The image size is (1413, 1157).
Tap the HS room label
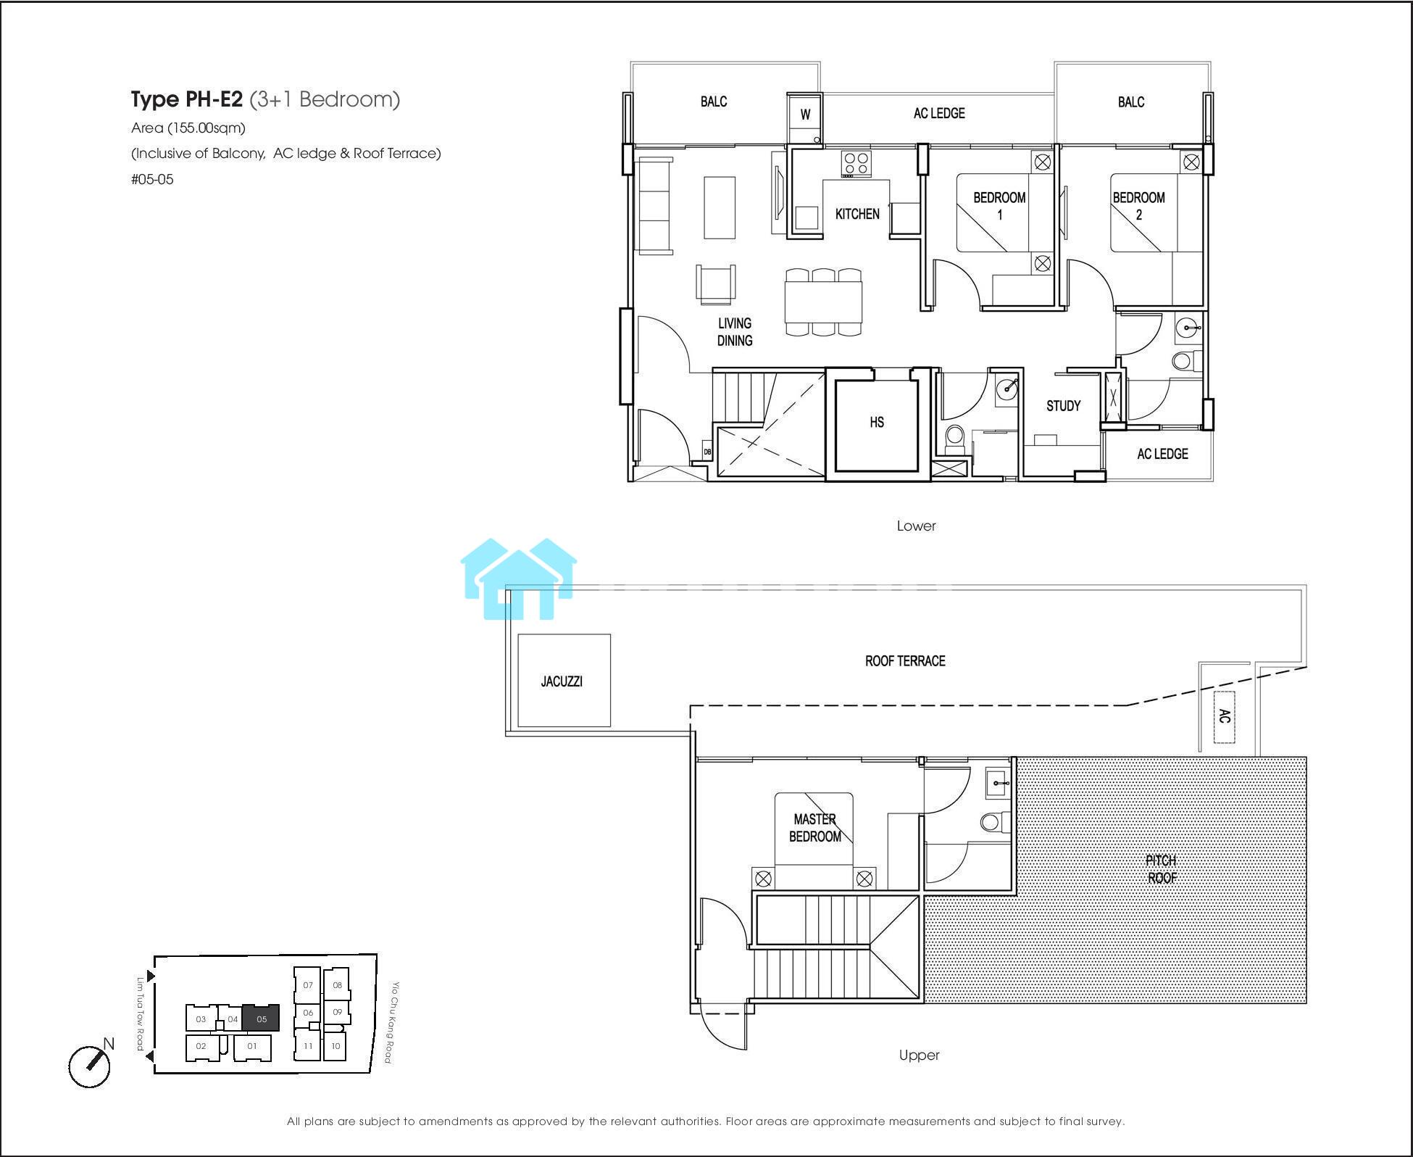[x=877, y=422]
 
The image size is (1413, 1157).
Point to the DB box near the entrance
[x=707, y=452]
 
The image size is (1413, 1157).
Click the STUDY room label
[x=1063, y=406]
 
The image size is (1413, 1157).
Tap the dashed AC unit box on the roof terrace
[x=1225, y=716]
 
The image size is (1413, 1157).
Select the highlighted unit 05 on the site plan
[x=261, y=1019]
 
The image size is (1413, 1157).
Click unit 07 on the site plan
[x=307, y=984]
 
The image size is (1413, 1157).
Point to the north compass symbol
[x=90, y=1066]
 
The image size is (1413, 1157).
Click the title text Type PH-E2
[x=187, y=99]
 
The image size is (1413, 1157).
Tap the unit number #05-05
[x=152, y=179]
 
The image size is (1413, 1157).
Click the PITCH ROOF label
[x=1162, y=869]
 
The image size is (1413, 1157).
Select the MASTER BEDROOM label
[x=814, y=828]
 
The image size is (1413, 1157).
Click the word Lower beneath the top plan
[x=916, y=526]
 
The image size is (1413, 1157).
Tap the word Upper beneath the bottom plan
[x=919, y=1055]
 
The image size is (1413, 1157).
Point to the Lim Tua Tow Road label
[x=141, y=1013]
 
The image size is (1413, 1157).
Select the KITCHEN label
[x=857, y=214]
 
